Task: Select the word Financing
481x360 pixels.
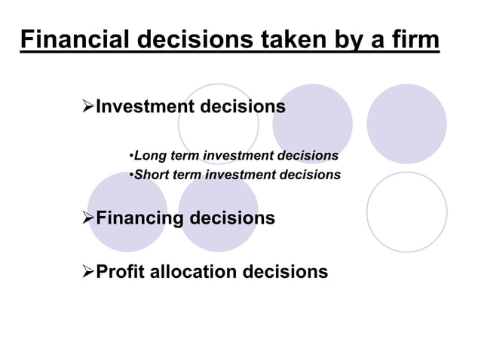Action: [139, 218]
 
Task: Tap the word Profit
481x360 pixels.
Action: [121, 271]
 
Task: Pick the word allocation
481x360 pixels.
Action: [194, 271]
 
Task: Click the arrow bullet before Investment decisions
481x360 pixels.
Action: [87, 107]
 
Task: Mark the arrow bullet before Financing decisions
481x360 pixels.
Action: [87, 218]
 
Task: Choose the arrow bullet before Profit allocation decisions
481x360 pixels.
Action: [87, 271]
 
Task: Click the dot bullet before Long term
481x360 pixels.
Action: [131, 157]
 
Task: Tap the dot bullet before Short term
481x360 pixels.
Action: [131, 175]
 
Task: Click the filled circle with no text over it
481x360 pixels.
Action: [406, 124]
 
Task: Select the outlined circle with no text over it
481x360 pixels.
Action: [406, 212]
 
